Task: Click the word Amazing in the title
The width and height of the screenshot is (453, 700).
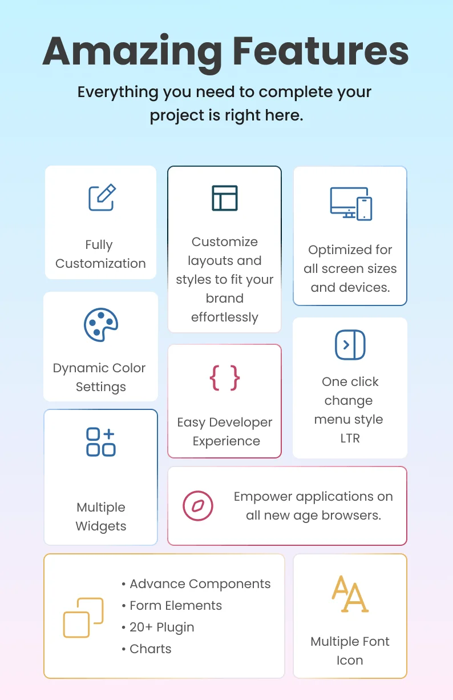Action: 132,53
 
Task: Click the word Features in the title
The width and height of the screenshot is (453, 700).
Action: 321,51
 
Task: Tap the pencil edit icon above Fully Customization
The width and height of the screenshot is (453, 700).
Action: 102,197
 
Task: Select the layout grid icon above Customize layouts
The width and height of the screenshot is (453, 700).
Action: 224,198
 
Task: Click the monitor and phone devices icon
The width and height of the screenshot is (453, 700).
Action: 351,204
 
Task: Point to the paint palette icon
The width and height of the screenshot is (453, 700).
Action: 101,325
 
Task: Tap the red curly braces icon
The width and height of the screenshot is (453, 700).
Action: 224,378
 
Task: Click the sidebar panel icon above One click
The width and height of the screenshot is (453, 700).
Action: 350,345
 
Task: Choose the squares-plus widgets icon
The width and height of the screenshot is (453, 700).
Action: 101,442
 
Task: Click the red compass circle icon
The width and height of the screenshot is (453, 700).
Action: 198,506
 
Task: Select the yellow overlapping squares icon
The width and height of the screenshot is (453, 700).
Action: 83,618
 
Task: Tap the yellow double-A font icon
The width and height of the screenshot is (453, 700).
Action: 350,594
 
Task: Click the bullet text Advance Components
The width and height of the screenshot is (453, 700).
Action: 200,584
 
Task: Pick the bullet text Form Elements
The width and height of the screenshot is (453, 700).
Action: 176,605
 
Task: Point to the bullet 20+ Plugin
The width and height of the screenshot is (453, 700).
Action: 162,627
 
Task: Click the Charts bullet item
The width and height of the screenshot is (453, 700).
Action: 151,649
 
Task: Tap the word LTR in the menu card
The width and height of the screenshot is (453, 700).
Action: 350,438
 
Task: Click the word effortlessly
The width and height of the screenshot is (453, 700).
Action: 225,317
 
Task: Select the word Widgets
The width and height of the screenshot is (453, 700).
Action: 101,526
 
